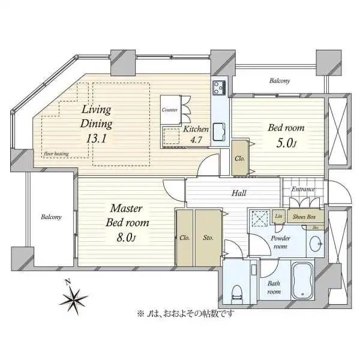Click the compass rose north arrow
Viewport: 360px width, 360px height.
[x=74, y=297]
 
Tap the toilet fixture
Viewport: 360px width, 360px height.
[x=237, y=292]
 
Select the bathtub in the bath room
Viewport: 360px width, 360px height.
[x=303, y=281]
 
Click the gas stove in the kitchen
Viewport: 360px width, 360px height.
[x=219, y=88]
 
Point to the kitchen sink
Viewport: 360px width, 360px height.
[x=220, y=132]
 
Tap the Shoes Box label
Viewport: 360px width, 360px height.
[x=304, y=217]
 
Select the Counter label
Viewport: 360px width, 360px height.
[x=170, y=110]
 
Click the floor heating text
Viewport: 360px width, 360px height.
[x=56, y=154]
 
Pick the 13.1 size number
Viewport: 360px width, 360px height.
[x=97, y=139]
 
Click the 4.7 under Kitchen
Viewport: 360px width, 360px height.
[x=196, y=140]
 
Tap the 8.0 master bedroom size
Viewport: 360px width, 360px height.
[x=126, y=238]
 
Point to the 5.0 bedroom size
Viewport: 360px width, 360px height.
[x=286, y=143]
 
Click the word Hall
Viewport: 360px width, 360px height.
[x=239, y=193]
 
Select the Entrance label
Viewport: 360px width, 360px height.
[x=303, y=189]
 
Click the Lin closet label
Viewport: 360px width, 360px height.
[x=278, y=216]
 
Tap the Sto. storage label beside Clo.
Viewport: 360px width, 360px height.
[x=208, y=238]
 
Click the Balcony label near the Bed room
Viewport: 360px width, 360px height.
[x=280, y=81]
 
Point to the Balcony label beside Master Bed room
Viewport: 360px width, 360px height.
[x=51, y=217]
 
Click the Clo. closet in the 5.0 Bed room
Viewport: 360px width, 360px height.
[x=239, y=158]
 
